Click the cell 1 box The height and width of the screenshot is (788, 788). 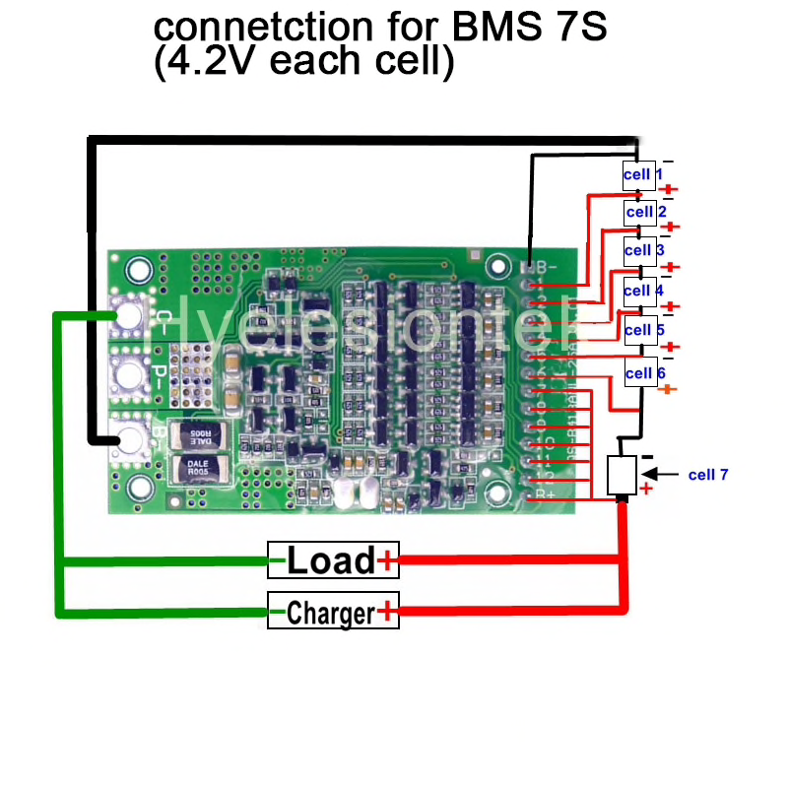click(638, 175)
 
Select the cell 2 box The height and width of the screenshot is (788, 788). click(640, 212)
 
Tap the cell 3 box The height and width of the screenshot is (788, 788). click(639, 250)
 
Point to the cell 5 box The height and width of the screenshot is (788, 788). click(639, 330)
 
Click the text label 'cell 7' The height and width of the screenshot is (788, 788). click(708, 475)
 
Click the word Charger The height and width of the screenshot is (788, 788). click(331, 613)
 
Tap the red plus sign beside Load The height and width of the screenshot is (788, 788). click(387, 561)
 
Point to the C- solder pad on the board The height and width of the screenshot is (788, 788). click(128, 315)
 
